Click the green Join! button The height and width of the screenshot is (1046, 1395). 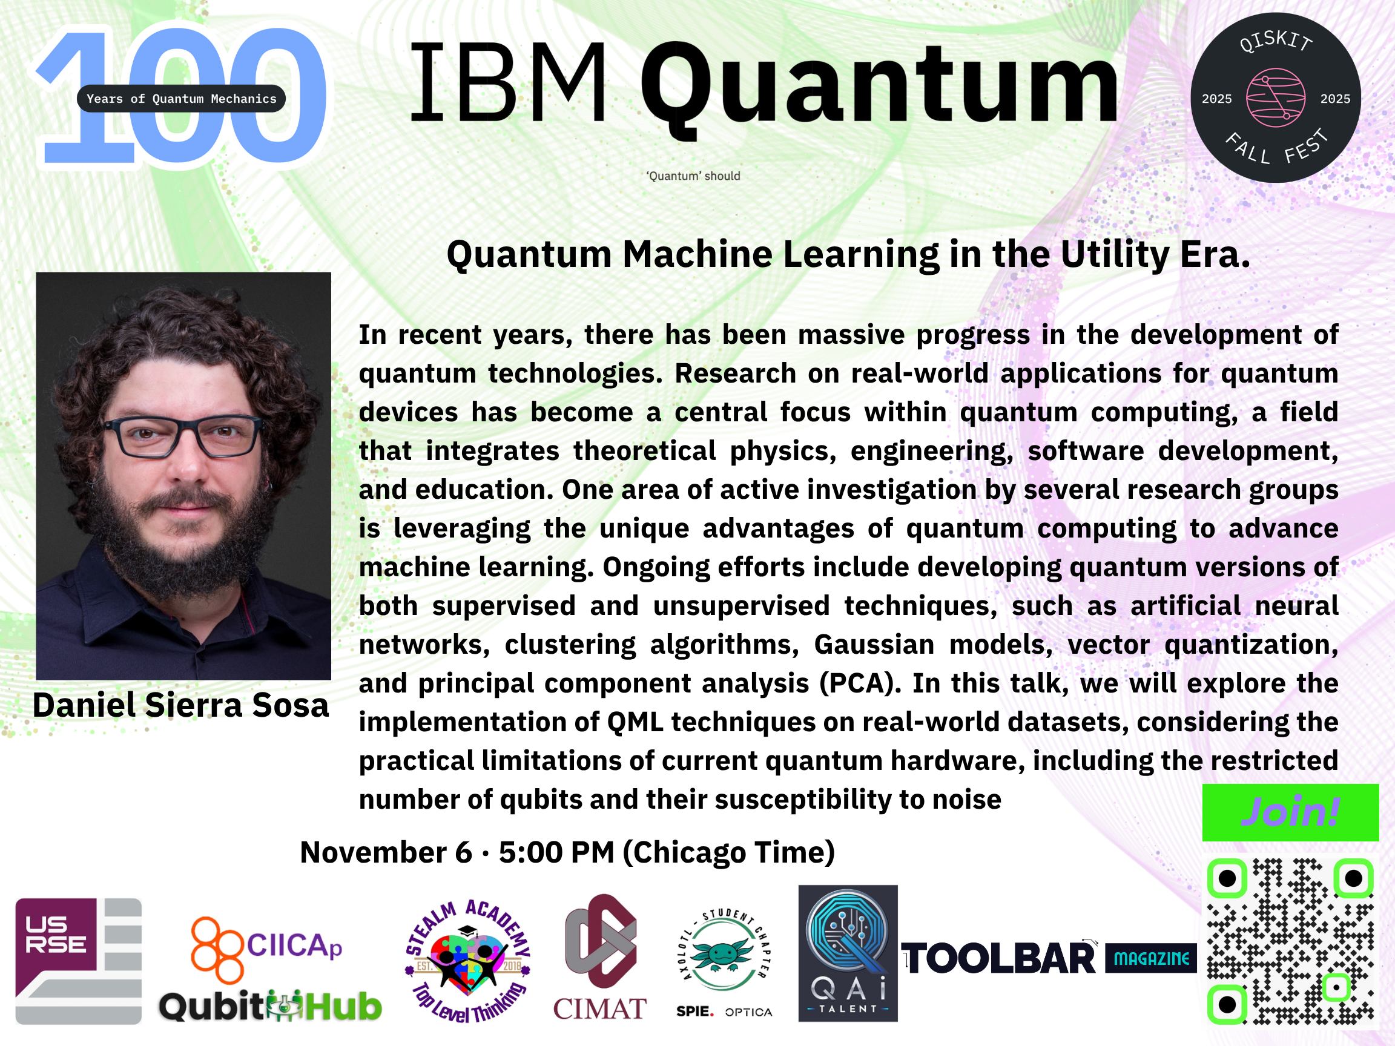pyautogui.click(x=1290, y=812)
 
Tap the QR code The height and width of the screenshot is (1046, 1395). pyautogui.click(x=1290, y=941)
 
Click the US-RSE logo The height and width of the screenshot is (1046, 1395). pyautogui.click(x=78, y=961)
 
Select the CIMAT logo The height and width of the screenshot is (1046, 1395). pyautogui.click(x=600, y=957)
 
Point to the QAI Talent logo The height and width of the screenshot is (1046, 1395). pyautogui.click(x=848, y=953)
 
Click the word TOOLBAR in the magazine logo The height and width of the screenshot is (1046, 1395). pyautogui.click(x=999, y=959)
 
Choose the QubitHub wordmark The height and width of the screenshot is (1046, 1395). pyautogui.click(x=270, y=1005)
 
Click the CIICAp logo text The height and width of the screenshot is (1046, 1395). pyautogui.click(x=294, y=945)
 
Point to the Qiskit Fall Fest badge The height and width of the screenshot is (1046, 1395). pyautogui.click(x=1275, y=97)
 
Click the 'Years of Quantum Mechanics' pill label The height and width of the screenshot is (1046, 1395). pyautogui.click(x=182, y=98)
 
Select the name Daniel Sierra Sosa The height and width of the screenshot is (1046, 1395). pyautogui.click(x=181, y=705)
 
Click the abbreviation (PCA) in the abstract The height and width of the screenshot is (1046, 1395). pyautogui.click(x=861, y=683)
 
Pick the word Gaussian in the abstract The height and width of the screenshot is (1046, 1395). pyautogui.click(x=874, y=645)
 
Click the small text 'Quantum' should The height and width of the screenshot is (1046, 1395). pyautogui.click(x=693, y=176)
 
